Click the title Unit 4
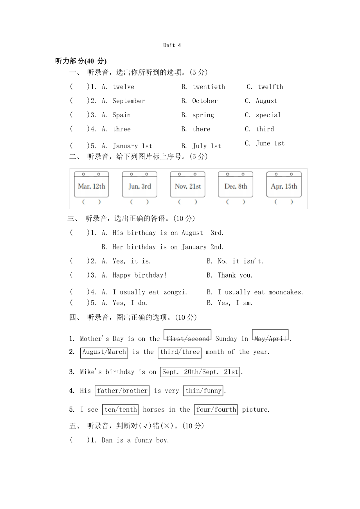[172, 45]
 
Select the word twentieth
[209, 87]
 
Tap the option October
[205, 101]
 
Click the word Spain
[122, 115]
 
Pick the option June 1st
[270, 143]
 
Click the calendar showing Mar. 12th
[92, 185]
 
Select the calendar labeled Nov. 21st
[188, 185]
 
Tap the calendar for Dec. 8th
[236, 185]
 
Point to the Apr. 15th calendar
[284, 185]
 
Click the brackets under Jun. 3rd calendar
[139, 202]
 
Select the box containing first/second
[187, 337]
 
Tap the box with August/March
[104, 352]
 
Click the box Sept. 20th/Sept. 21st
[200, 372]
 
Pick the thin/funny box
[203, 391]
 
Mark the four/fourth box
[216, 410]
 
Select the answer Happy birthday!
[140, 275]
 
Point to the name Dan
[107, 440]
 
